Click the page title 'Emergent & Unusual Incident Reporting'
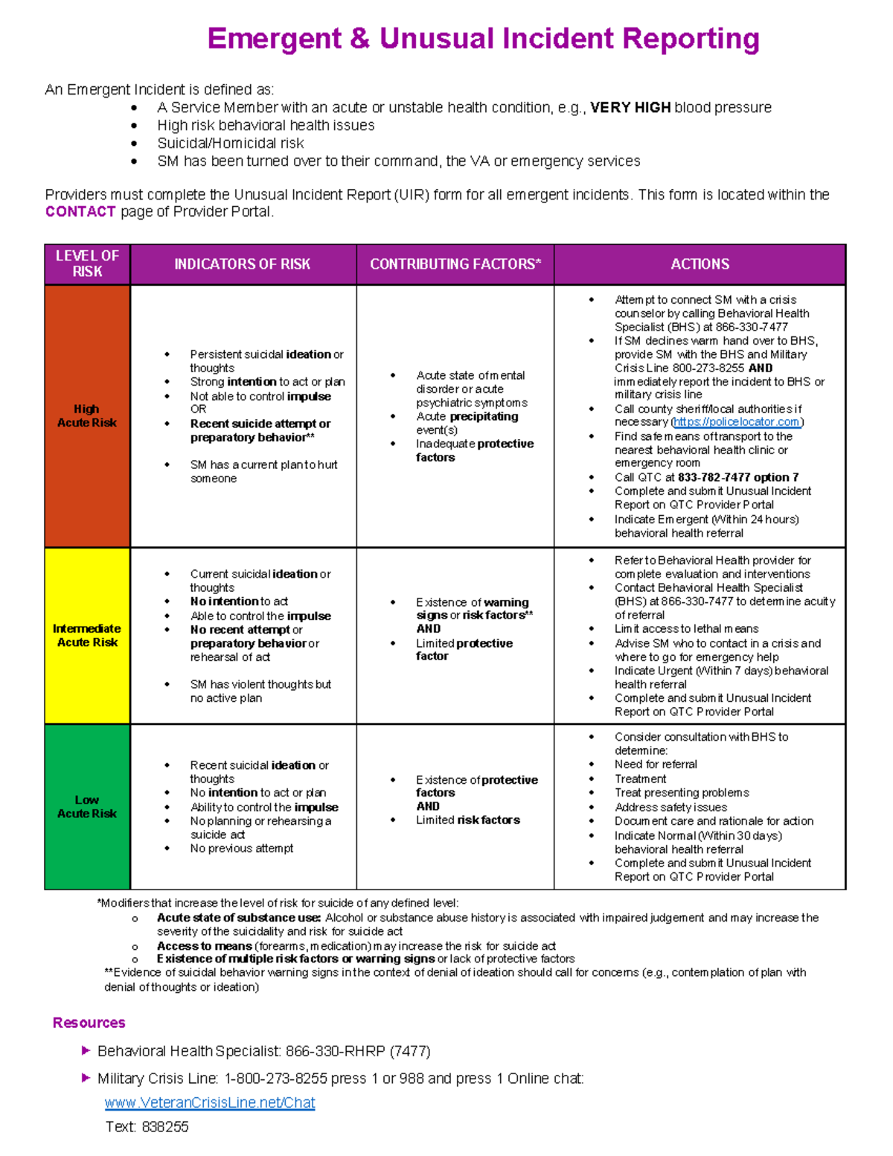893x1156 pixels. click(483, 39)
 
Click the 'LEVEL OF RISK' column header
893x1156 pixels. click(87, 264)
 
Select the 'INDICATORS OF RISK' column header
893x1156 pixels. click(242, 264)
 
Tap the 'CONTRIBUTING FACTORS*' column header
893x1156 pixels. click(455, 264)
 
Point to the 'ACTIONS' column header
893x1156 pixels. click(700, 264)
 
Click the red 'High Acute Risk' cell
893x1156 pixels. click(87, 415)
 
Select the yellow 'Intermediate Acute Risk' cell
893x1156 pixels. click(87, 635)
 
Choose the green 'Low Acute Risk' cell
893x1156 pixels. click(87, 806)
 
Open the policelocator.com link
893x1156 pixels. click(737, 422)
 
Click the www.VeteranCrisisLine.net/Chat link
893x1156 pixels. click(210, 1102)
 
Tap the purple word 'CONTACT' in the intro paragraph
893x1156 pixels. click(80, 212)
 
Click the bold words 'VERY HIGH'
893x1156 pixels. click(630, 108)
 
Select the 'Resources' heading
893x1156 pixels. click(89, 1023)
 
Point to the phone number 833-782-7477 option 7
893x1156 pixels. click(737, 477)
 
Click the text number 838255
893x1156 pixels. click(164, 1127)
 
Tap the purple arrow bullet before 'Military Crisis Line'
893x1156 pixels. click(86, 1077)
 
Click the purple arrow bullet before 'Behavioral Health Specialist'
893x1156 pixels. click(86, 1050)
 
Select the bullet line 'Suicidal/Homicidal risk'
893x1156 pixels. click(230, 143)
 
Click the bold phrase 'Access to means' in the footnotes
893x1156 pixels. click(204, 945)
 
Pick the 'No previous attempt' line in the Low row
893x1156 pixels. click(241, 849)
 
